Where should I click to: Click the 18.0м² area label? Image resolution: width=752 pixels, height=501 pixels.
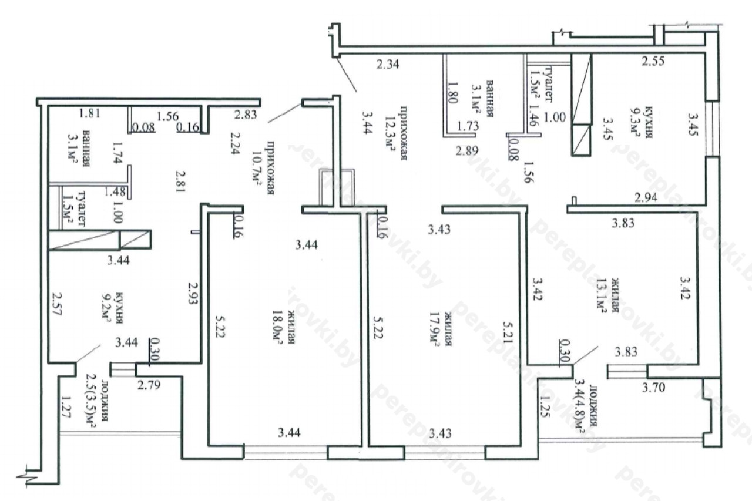pos(277,328)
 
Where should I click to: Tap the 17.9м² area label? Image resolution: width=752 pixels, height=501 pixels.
pos(435,329)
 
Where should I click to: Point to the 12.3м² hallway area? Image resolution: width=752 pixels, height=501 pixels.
pos(390,133)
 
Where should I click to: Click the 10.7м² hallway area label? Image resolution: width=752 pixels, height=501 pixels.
pos(257,167)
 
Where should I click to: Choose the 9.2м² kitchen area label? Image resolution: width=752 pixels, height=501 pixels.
pos(106,308)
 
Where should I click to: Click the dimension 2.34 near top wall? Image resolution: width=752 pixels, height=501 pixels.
pos(388,64)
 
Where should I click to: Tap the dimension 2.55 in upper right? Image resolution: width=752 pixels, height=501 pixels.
pos(653,62)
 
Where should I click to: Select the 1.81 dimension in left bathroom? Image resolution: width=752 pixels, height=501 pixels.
pos(90,113)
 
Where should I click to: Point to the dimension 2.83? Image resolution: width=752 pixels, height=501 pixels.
pos(246,115)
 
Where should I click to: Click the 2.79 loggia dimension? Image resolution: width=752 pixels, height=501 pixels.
pos(149,385)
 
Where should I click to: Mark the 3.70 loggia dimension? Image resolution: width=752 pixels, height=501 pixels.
pos(653,388)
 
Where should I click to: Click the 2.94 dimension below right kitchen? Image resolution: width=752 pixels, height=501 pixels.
pos(646,198)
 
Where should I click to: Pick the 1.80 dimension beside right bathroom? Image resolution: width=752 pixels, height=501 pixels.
pos(452,93)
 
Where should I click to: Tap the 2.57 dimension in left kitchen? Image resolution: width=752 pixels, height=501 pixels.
pos(58,304)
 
